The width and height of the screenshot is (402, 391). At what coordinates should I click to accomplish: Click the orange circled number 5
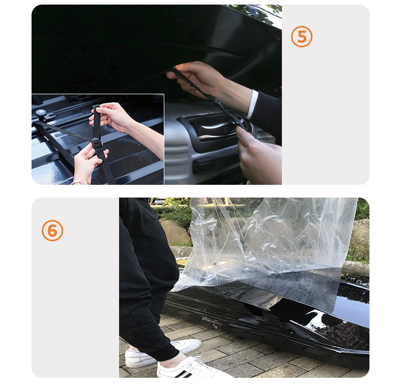point(301,37)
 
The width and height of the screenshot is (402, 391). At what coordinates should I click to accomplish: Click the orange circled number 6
point(52,231)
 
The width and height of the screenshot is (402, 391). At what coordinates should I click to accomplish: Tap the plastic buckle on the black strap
point(97,143)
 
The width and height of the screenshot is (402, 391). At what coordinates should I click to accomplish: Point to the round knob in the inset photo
point(41,113)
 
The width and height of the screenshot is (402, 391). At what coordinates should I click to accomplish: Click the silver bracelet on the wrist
point(79,183)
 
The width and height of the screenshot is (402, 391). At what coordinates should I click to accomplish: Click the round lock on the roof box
point(217,327)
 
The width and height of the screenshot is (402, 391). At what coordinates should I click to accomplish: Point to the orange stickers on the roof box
point(208,319)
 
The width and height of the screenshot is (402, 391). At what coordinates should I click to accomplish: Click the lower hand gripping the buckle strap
point(89,161)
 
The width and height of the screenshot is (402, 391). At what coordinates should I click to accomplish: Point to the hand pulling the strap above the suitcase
point(197,78)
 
